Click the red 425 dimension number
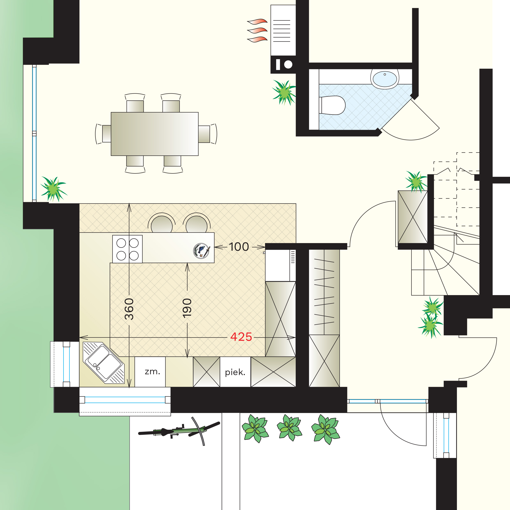click(x=241, y=337)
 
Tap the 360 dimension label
click(x=129, y=309)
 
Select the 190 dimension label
click(x=187, y=308)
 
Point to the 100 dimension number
click(x=239, y=247)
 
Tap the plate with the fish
click(x=201, y=250)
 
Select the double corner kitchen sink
click(x=103, y=362)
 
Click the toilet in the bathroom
click(x=332, y=105)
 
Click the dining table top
click(x=154, y=134)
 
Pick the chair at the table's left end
click(x=103, y=134)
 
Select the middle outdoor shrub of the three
click(x=289, y=428)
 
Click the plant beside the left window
click(x=54, y=189)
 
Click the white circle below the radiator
click(x=288, y=64)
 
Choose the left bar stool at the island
click(x=162, y=223)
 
